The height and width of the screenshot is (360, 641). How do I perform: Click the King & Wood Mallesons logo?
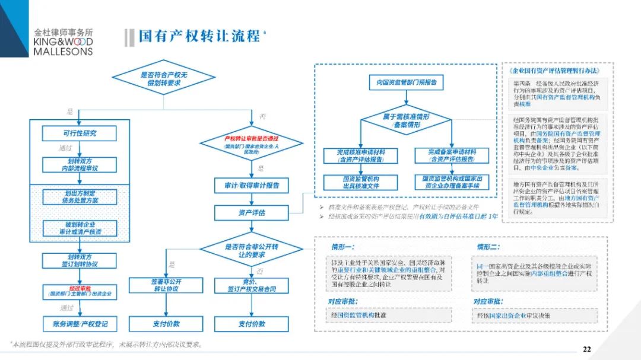click(x=64, y=42)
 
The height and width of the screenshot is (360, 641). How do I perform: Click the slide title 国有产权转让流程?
click(x=199, y=36)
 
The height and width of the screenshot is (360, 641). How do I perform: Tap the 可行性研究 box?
click(x=79, y=133)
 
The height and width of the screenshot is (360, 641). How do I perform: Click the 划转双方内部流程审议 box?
click(x=79, y=164)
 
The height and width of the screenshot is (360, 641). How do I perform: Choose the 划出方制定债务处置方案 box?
click(x=79, y=197)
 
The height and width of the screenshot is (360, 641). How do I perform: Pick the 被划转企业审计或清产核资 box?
click(x=79, y=228)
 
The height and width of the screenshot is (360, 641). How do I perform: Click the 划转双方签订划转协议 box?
click(x=79, y=260)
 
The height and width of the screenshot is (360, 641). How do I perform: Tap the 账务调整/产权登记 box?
click(x=79, y=324)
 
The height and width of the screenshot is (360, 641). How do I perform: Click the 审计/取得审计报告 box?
click(x=251, y=186)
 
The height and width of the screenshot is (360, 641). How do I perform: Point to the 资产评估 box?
click(x=251, y=212)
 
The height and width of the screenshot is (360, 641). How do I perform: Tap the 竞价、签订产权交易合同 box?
click(x=251, y=285)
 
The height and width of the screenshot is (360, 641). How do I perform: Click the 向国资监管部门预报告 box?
click(x=406, y=82)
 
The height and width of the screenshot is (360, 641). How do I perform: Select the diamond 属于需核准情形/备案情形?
click(x=406, y=121)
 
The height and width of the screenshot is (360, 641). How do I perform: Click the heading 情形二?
click(x=488, y=247)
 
